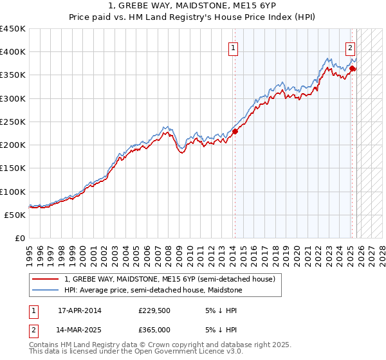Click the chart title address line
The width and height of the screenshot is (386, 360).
192,6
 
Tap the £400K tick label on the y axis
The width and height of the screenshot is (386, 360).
13,52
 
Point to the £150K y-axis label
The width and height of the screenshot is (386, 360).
13,168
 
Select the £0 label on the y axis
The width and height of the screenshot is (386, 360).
20,238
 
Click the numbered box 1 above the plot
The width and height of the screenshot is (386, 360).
233,47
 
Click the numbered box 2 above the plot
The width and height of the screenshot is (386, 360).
350,47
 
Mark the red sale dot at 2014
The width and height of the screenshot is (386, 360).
235,131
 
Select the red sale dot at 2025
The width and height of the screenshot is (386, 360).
353,68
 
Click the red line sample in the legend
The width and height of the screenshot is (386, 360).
46,279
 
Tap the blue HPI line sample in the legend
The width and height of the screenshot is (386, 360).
46,290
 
